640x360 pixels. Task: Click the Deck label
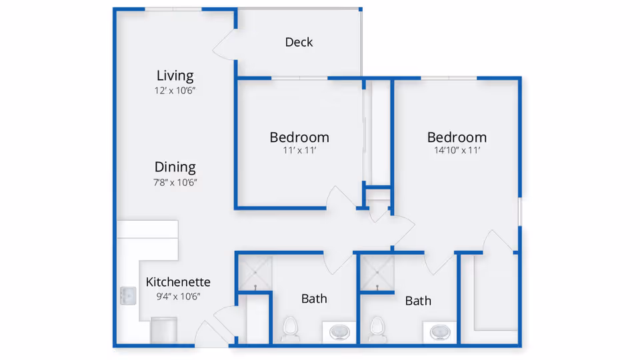coord(299,42)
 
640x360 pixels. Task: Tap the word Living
coord(175,75)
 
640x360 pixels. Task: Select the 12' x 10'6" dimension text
coord(175,90)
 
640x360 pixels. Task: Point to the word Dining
coord(175,167)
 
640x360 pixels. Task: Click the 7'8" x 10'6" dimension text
coord(175,182)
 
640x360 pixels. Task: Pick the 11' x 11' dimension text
coord(299,151)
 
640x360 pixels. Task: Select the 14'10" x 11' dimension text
coord(457,151)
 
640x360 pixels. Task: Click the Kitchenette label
coord(178,282)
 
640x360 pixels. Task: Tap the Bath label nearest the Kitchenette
coord(314,299)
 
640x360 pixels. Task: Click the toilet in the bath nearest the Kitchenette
coord(290,328)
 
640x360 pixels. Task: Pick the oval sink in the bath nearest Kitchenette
coord(340,331)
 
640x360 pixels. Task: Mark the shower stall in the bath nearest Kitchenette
coord(253,272)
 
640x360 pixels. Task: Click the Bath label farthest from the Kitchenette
coord(418,301)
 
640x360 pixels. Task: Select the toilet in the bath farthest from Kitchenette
coord(377,328)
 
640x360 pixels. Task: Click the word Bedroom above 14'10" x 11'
coord(457,137)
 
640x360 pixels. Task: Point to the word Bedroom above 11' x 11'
coord(299,137)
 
